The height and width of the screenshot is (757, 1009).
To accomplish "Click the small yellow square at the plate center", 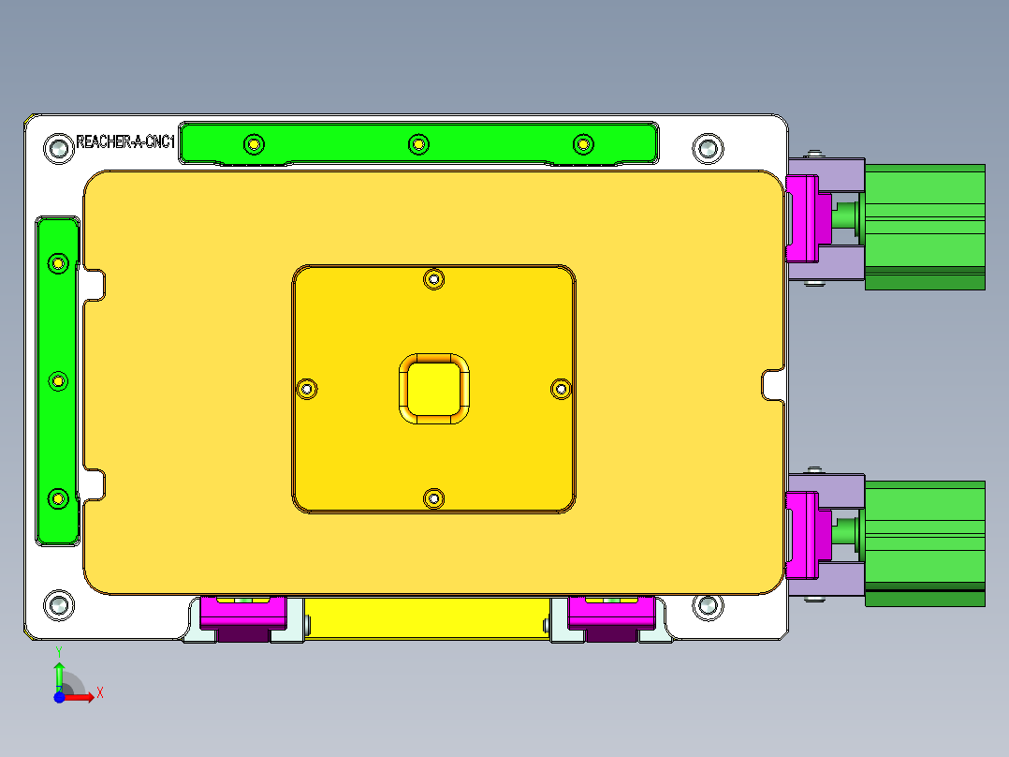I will (x=433, y=388).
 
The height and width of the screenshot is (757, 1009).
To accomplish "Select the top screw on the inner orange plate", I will (x=433, y=278).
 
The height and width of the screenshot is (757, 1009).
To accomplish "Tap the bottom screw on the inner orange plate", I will (x=433, y=498).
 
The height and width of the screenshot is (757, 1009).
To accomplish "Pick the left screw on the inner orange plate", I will (x=307, y=388).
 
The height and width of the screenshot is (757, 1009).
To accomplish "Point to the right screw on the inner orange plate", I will (x=561, y=388).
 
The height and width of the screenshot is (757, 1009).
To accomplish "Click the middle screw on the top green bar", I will (x=418, y=144).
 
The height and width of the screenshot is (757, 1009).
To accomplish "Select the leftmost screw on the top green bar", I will (x=254, y=144).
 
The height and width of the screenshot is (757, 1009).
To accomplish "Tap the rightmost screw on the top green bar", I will (x=583, y=144).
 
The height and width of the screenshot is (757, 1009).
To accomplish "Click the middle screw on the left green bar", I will (x=58, y=381).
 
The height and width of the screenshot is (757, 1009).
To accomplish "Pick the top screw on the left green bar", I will (x=58, y=263).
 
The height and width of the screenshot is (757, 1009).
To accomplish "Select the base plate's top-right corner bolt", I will (x=708, y=147).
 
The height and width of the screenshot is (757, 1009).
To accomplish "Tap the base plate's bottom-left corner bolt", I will (x=58, y=604).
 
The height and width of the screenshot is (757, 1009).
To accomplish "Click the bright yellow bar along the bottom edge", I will (x=426, y=618).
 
